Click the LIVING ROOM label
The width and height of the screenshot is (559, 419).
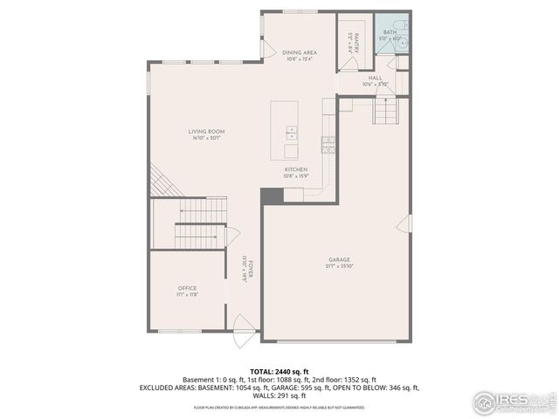click(206, 132)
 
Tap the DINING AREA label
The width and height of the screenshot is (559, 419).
click(300, 53)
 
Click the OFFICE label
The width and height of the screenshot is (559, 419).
click(188, 288)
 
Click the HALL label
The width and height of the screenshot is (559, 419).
click(375, 79)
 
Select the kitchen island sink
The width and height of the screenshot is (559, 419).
click(290, 134)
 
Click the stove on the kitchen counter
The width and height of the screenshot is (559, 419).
click(328, 144)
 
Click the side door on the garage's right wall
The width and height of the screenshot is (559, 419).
click(404, 224)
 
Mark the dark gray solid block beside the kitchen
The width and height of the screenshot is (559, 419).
click(272, 196)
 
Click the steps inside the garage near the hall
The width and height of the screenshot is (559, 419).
click(385, 112)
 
